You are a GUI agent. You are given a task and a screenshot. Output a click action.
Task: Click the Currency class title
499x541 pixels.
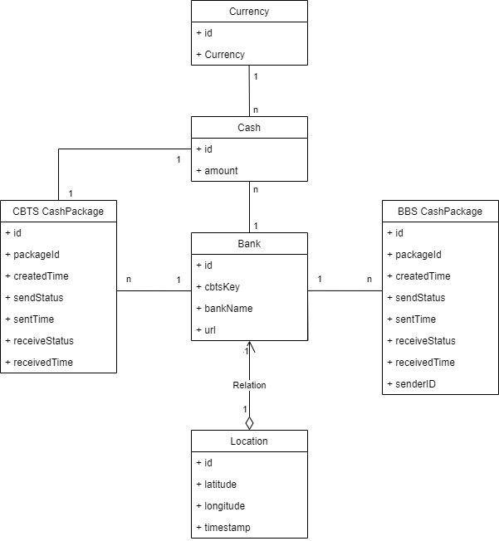249,12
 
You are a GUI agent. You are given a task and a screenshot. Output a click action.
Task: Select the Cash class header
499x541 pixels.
249,127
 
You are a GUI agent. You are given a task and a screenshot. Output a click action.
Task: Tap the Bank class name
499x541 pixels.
249,243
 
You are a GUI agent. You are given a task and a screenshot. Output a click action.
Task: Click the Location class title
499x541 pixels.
249,441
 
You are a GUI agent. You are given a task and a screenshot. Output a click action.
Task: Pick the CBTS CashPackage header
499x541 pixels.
58,211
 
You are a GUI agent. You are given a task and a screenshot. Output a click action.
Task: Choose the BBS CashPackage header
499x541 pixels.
440,211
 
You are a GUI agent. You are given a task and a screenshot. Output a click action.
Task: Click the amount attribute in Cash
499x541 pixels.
221,170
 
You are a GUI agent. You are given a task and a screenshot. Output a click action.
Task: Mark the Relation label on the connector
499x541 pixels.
249,385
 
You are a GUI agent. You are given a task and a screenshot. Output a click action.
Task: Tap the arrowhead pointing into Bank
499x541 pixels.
249,346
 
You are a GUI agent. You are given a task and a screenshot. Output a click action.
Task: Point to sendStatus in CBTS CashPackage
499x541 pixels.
38,297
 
